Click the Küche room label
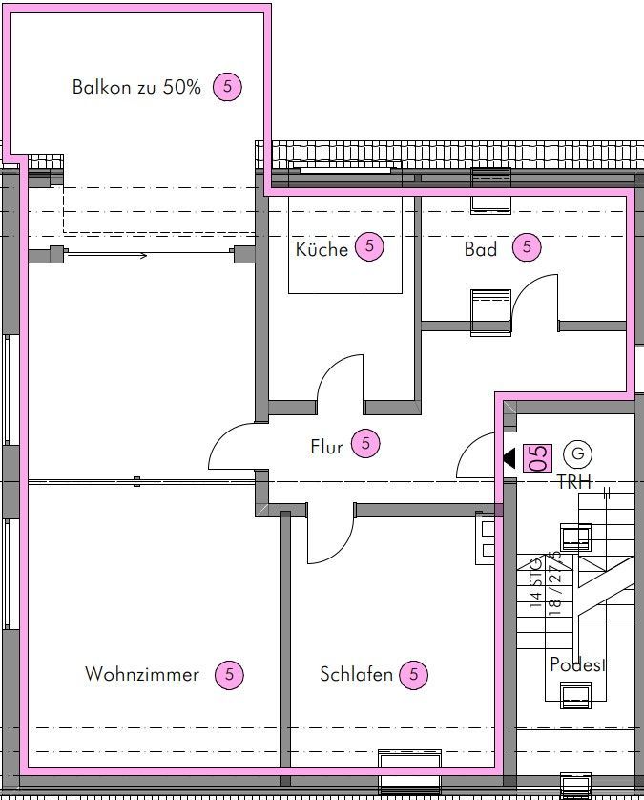click(322, 249)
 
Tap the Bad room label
click(480, 249)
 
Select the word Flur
click(327, 447)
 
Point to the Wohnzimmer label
click(142, 674)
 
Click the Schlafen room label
click(357, 674)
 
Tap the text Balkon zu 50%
click(136, 87)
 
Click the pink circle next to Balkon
click(227, 87)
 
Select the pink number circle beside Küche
click(369, 247)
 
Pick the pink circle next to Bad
click(527, 247)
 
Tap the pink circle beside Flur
click(365, 443)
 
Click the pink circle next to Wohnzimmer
click(229, 675)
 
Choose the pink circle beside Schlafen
click(413, 675)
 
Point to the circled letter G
click(578, 453)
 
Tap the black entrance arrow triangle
click(509, 457)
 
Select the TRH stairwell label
click(574, 482)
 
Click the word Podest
click(578, 664)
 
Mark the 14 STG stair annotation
click(535, 582)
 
